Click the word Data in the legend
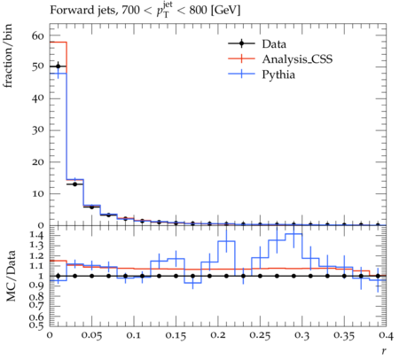pos(274,44)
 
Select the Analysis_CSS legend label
pos(297,59)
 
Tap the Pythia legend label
pos(278,74)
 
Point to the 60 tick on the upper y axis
pos(38,36)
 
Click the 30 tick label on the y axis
pos(38,130)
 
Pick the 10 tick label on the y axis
pos(38,194)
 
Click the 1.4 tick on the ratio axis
pos(37,236)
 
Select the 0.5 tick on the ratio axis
pos(37,325)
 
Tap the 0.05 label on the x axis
pos(91,336)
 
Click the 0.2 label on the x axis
pos(218,336)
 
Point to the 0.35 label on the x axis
pos(344,336)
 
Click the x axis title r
pos(384,351)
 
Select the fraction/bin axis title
pos(8,56)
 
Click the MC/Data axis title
pos(11,276)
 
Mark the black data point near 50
pos(58,67)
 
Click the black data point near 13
pos(74,184)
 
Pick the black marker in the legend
pos(241,43)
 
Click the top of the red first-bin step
pos(59,42)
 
